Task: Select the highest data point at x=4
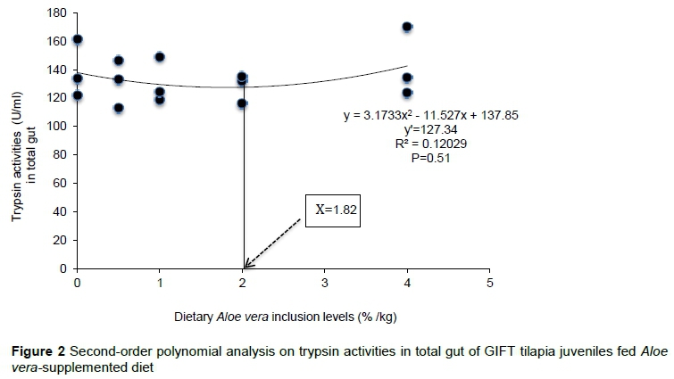(407, 27)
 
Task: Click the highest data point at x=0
(78, 39)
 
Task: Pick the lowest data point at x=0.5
(119, 108)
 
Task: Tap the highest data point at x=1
(160, 57)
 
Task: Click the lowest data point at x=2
(242, 104)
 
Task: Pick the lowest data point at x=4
(407, 93)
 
